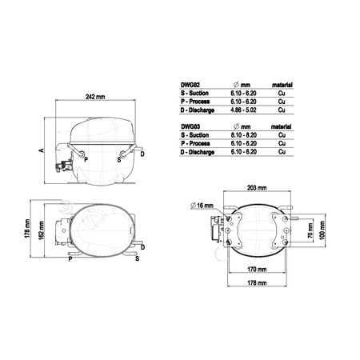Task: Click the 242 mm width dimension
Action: pos(95,97)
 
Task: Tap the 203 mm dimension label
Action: pos(257,188)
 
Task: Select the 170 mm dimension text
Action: pos(257,270)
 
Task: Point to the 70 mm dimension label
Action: pos(310,231)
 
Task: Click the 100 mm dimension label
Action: pos(322,230)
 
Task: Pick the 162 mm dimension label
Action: pos(41,230)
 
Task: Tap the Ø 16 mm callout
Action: pos(202,206)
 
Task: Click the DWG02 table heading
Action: pos(190,85)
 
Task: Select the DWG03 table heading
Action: pos(190,126)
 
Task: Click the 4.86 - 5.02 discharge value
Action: pos(243,110)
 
